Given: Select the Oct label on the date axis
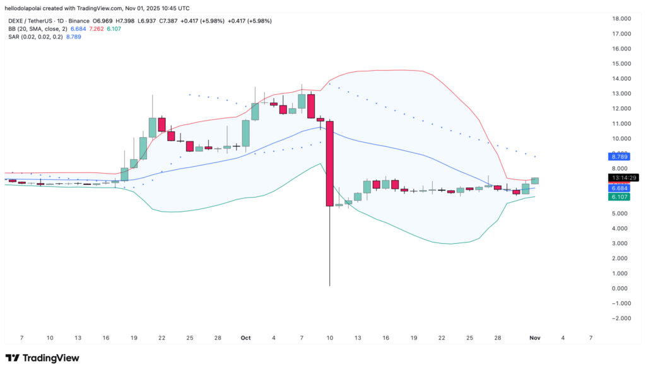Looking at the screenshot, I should [x=246, y=339].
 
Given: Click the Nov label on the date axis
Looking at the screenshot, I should [x=535, y=339].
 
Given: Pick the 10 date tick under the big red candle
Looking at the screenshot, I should [x=330, y=339].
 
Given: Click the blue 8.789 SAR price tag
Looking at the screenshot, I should [x=620, y=156].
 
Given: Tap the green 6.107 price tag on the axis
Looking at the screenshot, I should [x=620, y=197].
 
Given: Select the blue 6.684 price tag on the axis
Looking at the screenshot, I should [x=620, y=188].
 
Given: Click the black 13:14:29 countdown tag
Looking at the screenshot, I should [x=622, y=177].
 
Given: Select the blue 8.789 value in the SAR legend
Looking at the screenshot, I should [x=74, y=37].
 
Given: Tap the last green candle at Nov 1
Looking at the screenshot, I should [x=535, y=181].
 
